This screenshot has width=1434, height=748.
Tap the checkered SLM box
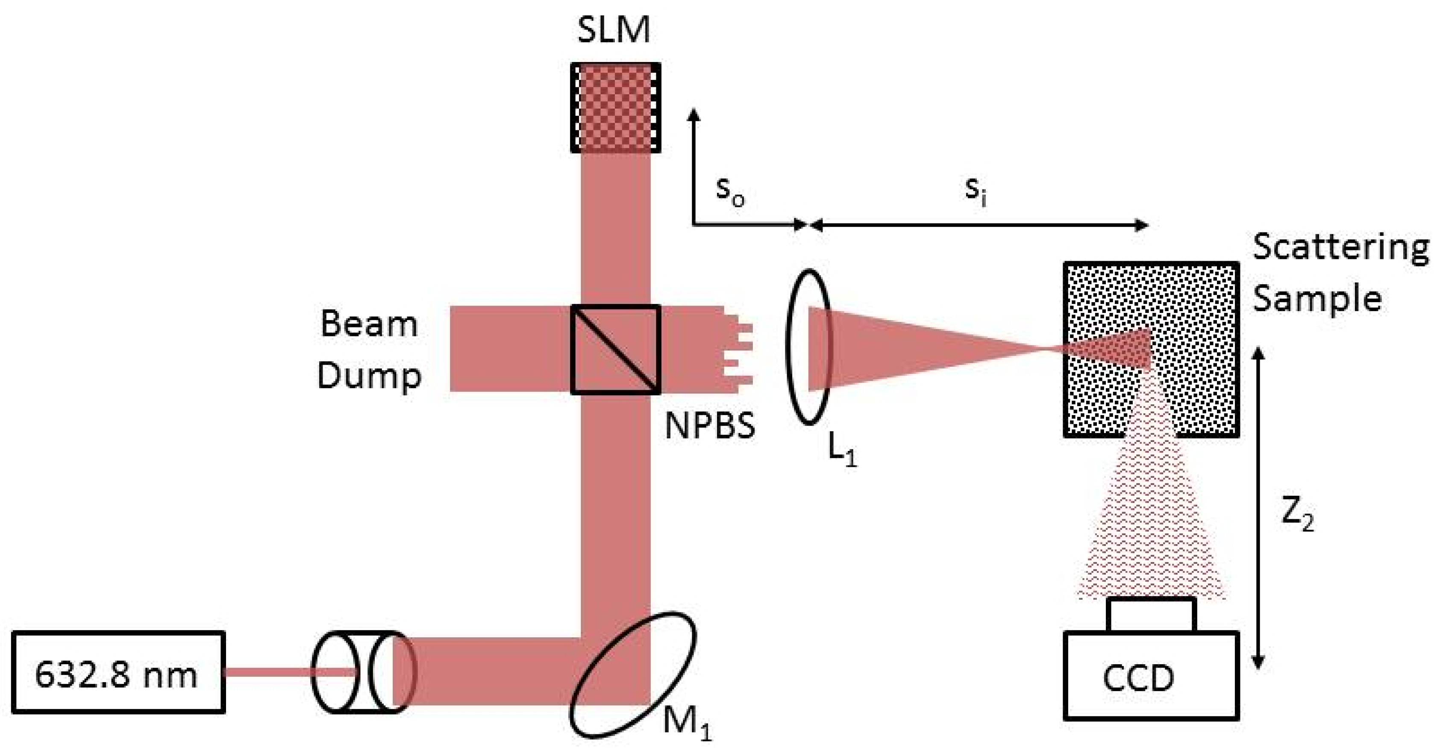(x=616, y=107)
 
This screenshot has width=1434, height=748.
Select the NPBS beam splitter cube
(x=616, y=349)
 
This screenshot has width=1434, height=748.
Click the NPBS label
(x=710, y=426)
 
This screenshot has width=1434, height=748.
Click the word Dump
(x=368, y=377)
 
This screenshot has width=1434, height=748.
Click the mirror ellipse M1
(x=632, y=674)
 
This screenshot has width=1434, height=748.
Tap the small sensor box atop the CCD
(x=1151, y=615)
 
